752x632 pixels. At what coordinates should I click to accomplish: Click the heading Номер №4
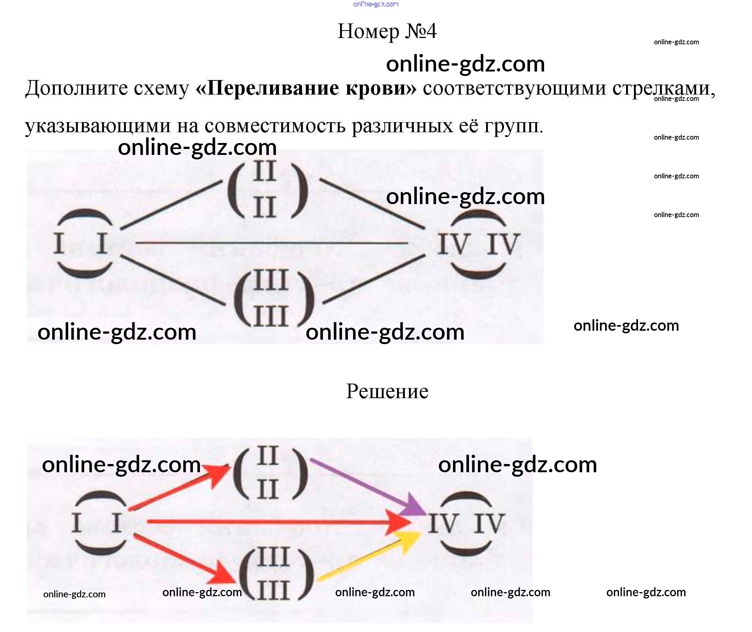(x=387, y=31)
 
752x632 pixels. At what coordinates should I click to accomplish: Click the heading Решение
(x=387, y=391)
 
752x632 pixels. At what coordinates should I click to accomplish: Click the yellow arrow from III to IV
(x=369, y=557)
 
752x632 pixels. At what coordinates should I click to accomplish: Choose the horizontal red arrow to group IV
(x=276, y=522)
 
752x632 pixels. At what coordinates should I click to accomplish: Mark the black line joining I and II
(x=171, y=204)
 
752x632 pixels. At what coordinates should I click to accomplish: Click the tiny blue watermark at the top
(x=375, y=4)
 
